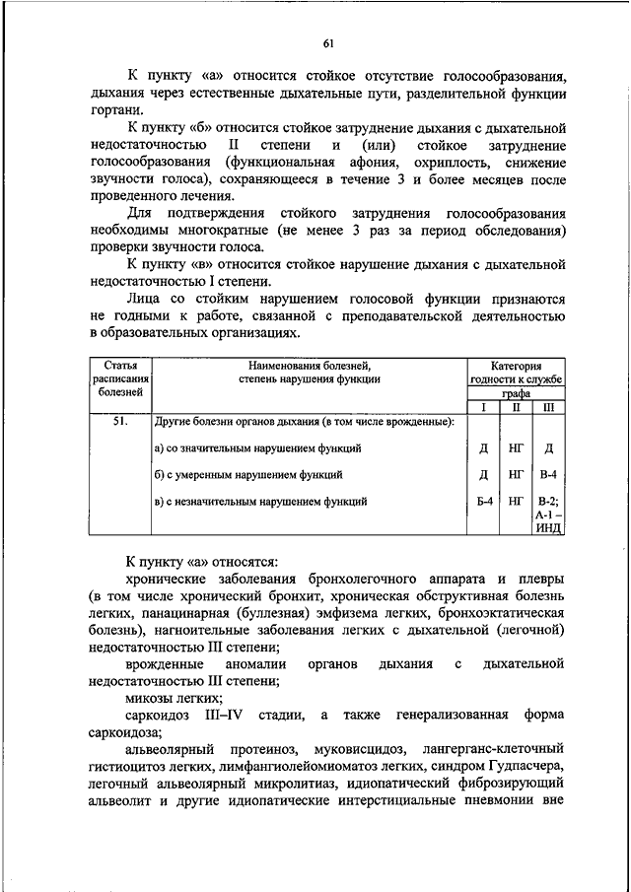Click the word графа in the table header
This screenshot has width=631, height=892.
click(x=516, y=392)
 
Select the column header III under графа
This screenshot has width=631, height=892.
click(x=549, y=406)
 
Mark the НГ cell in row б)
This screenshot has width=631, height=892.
click(x=516, y=474)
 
